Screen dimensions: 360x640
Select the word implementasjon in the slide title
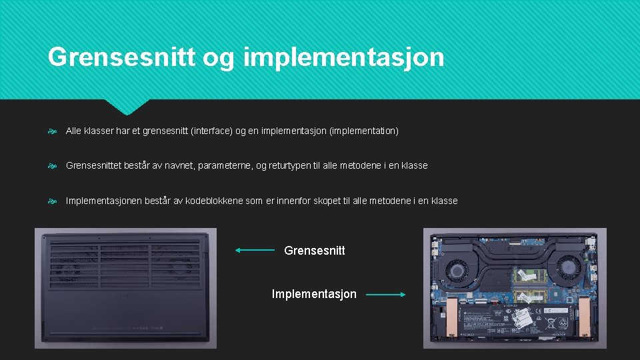click(x=344, y=58)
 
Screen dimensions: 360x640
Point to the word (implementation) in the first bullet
click(x=364, y=131)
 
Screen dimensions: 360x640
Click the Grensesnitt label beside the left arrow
click(x=315, y=251)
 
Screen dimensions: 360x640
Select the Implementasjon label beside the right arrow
click(x=314, y=294)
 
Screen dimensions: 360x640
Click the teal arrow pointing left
click(x=254, y=251)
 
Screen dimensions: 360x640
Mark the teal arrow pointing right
click(x=385, y=294)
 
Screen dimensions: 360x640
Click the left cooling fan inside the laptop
click(x=456, y=269)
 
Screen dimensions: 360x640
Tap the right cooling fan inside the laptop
click(x=568, y=268)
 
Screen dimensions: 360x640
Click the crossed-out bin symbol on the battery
click(x=553, y=325)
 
